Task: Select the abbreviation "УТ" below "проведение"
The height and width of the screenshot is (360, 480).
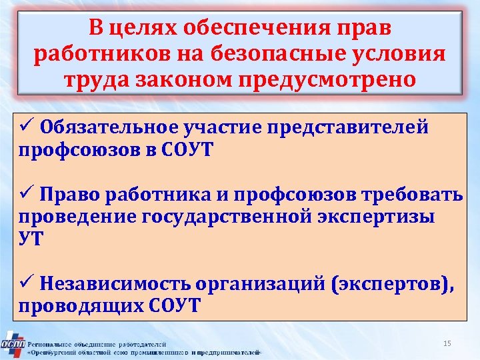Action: click(x=31, y=238)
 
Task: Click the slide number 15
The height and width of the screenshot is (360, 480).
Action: click(x=447, y=343)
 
